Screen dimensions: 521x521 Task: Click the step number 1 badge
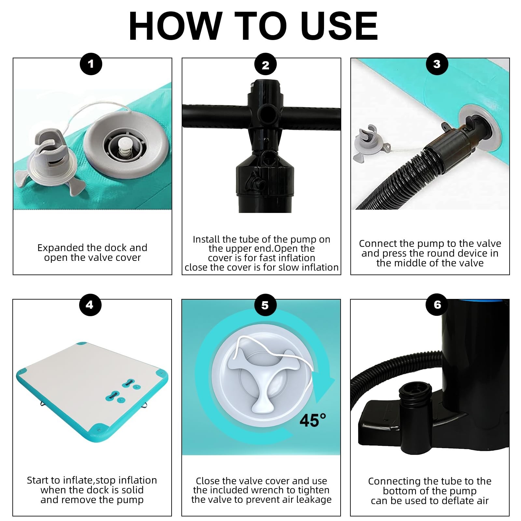[91, 64]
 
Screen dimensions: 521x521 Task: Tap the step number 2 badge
[265, 65]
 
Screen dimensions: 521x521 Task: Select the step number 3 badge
[437, 64]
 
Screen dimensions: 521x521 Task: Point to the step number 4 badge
[90, 305]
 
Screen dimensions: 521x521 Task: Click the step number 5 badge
[265, 305]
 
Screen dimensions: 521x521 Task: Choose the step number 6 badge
[437, 305]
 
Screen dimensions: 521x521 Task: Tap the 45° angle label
[313, 420]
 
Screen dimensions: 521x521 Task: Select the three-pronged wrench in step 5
[263, 379]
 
